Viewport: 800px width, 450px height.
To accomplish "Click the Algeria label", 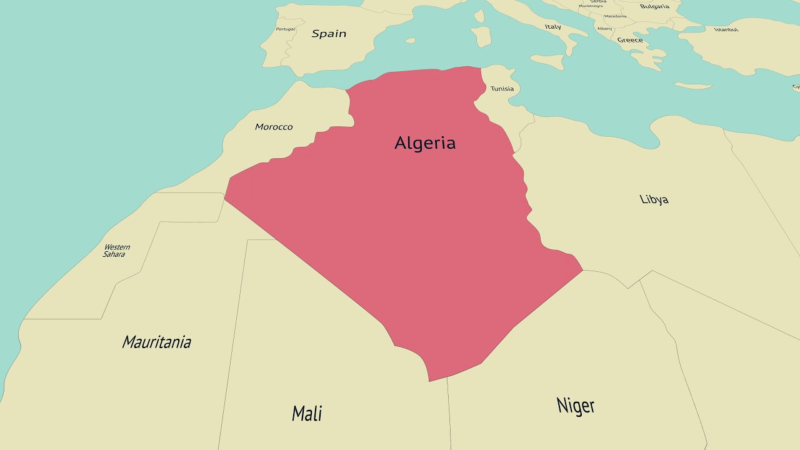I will point(425,143).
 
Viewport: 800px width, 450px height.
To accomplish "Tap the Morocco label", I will point(274,127).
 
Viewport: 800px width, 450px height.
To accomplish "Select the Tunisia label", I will point(502,89).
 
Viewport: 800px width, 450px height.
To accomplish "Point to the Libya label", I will point(654,199).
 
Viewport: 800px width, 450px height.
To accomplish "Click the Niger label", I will point(576,406).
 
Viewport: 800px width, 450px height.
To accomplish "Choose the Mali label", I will point(307,413).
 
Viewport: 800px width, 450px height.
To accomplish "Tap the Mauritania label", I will point(156,342).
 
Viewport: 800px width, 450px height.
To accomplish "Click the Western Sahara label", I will point(116,251).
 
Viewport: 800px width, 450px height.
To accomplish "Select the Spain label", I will point(329,34).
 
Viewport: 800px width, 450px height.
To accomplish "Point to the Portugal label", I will point(285,29).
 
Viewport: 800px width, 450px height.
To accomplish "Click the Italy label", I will point(552,27).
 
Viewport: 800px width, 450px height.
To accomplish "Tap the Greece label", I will point(630,40).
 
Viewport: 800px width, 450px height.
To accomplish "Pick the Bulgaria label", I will point(654,7).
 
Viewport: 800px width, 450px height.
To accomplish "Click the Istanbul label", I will point(726,29).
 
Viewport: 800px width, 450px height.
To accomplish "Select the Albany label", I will point(604,29).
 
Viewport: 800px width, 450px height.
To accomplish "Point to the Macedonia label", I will point(615,16).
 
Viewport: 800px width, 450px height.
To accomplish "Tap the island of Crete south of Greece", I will point(692,86).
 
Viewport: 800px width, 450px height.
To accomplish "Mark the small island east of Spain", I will point(410,41).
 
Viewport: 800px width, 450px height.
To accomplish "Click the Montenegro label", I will point(591,6).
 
